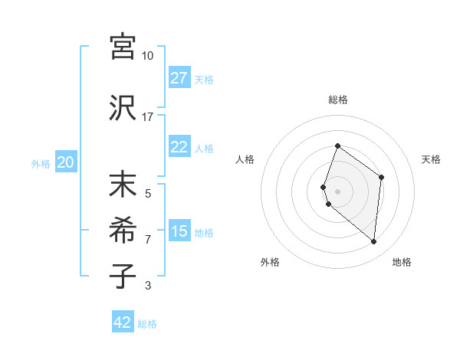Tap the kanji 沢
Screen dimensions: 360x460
coord(123,107)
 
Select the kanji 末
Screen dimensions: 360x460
coord(123,185)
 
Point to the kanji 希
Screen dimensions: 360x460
coord(123,231)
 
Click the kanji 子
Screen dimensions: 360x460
coord(123,276)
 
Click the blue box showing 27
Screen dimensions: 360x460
coord(179,77)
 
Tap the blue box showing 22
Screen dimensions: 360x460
coord(179,147)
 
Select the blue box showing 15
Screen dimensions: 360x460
coord(179,231)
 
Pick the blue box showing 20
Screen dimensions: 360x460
coord(65,162)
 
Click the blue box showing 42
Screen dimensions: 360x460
coord(122,322)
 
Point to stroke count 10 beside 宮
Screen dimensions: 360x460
coord(147,55)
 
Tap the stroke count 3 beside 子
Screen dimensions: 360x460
coord(147,286)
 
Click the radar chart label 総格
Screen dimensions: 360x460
coord(337,100)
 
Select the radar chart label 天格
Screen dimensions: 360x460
coord(431,159)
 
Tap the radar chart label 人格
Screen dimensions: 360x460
coord(245,159)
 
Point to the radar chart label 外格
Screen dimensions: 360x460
coord(270,262)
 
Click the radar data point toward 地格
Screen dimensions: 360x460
coord(373,241)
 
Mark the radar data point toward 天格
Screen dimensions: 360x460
coord(381,178)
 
